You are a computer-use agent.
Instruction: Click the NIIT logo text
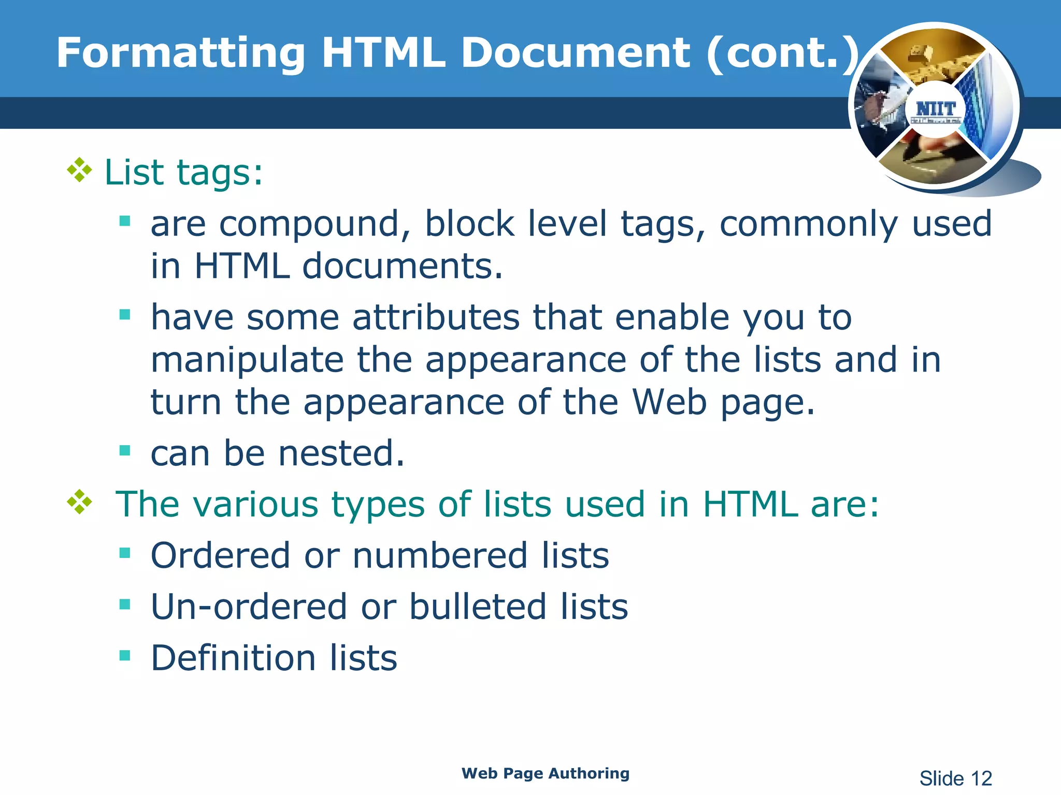[x=936, y=109]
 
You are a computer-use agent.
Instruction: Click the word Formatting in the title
[x=181, y=54]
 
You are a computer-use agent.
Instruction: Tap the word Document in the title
[x=575, y=53]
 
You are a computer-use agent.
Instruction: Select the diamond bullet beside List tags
[x=80, y=170]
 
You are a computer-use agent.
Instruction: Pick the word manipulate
[x=247, y=360]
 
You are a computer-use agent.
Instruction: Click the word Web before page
[x=669, y=402]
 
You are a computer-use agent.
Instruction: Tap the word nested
[x=341, y=453]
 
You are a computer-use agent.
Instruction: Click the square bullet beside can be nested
[x=125, y=450]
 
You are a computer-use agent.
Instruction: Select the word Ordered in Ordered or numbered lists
[x=220, y=556]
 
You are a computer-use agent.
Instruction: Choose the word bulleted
[x=478, y=607]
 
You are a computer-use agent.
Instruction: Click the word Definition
[x=233, y=658]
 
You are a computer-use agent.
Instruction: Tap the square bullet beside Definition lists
[x=125, y=656]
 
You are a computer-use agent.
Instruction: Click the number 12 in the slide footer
[x=981, y=778]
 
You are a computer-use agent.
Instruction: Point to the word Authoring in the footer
[x=589, y=773]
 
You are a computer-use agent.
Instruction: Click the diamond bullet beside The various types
[x=80, y=502]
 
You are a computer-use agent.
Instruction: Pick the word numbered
[x=440, y=556]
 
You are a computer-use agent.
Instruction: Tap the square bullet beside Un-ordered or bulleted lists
[x=125, y=604]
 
